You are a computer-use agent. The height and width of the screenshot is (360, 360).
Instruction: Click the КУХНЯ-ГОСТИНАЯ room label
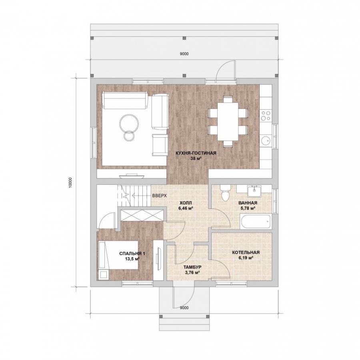(x=196, y=153)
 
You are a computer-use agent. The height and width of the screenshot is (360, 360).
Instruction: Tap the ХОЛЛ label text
(x=186, y=203)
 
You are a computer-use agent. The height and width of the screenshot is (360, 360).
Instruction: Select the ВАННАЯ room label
(x=248, y=203)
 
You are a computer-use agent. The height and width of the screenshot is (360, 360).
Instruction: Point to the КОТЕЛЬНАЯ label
(x=246, y=252)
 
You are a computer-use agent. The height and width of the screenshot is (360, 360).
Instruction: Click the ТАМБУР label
(x=192, y=267)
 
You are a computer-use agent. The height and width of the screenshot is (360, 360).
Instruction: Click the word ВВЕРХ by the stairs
(x=160, y=196)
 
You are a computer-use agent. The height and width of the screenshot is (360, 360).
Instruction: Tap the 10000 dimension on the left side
(x=70, y=183)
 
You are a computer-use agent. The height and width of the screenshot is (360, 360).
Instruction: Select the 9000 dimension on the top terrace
(x=184, y=54)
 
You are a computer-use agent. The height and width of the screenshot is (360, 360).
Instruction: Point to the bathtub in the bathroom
(x=256, y=221)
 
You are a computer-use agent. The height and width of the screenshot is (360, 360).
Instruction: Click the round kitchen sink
(x=266, y=141)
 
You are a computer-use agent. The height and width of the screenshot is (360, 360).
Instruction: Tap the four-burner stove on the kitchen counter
(x=266, y=116)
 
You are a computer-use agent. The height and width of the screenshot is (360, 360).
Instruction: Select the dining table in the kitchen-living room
(x=228, y=122)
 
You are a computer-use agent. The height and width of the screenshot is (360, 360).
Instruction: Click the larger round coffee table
(x=129, y=123)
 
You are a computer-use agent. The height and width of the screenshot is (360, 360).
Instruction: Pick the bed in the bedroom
(x=118, y=255)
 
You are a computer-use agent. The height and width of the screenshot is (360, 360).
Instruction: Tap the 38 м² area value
(x=196, y=158)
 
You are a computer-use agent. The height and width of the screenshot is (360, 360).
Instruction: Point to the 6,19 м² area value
(x=246, y=258)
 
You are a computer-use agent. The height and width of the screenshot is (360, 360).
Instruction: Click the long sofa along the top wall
(x=125, y=100)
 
